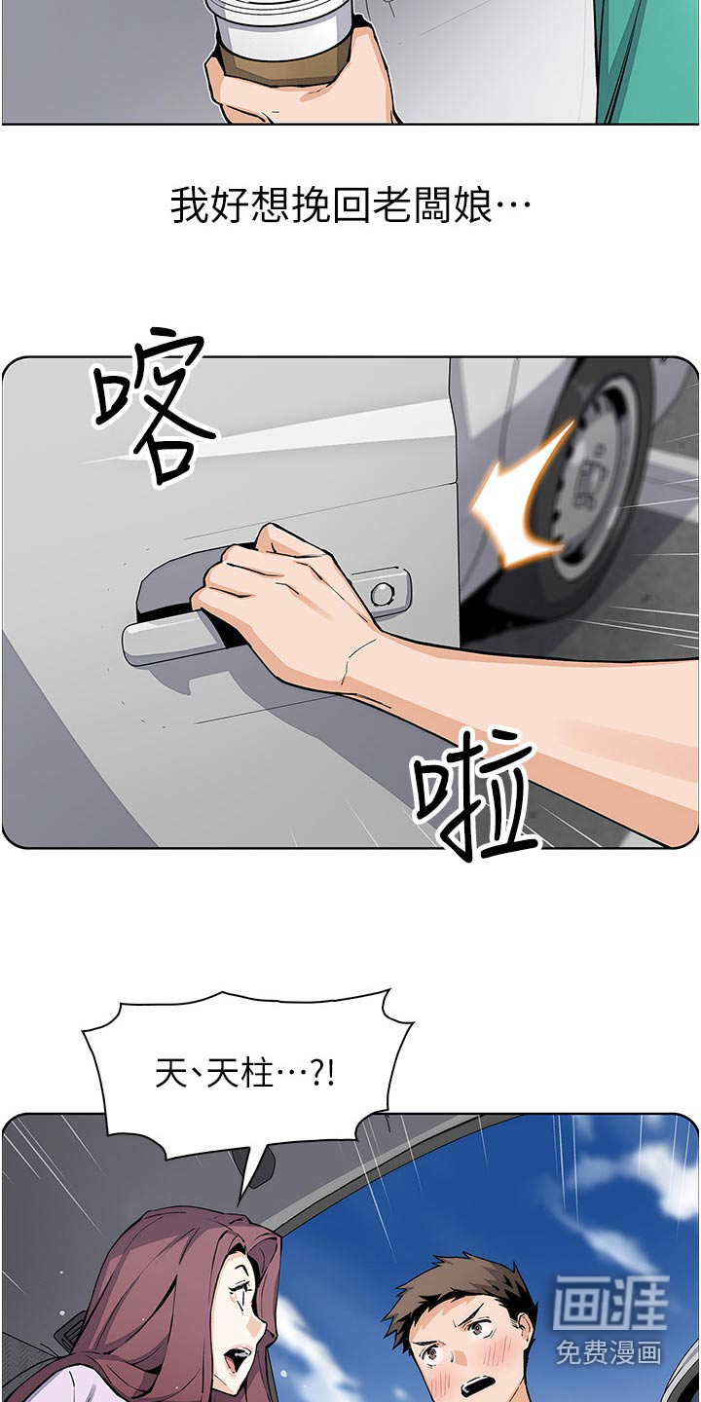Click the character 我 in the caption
click(190, 205)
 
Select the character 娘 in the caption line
click(474, 205)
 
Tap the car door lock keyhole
click(382, 592)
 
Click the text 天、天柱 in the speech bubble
click(213, 1075)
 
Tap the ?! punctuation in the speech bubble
click(323, 1075)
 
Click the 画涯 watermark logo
click(610, 1305)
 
